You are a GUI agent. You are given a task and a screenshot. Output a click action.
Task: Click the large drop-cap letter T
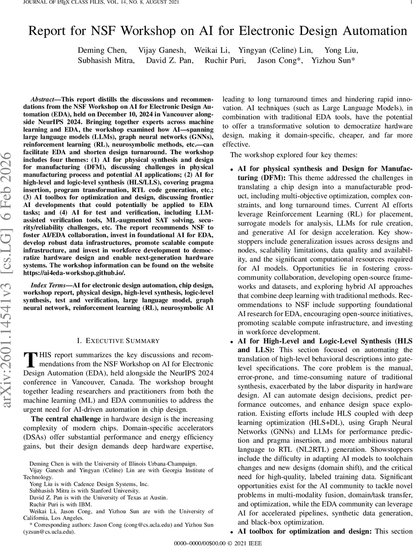29,359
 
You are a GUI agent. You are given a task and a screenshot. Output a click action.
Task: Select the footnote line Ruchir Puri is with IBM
60,504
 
